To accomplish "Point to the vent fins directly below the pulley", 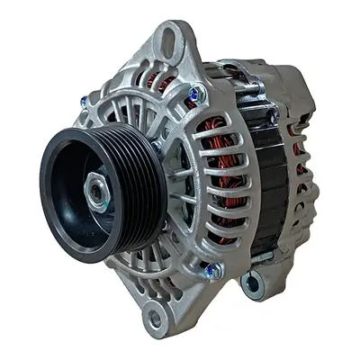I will point(135,270).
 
